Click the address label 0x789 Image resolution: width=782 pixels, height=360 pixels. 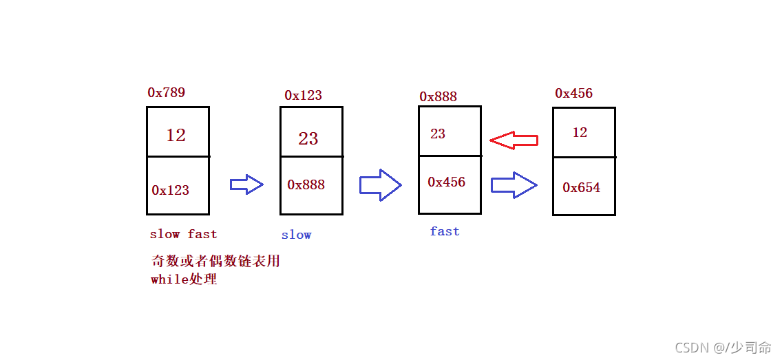(x=167, y=92)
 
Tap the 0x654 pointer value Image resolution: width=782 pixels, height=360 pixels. (x=582, y=187)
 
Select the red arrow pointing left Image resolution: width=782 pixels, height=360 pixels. (x=514, y=140)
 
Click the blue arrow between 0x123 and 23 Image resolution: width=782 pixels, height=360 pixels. (x=246, y=184)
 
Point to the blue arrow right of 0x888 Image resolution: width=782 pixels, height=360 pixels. (x=380, y=185)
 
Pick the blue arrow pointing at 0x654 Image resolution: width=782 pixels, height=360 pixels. (x=514, y=185)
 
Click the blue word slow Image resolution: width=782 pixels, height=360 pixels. (x=296, y=235)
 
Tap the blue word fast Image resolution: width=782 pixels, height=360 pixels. (x=445, y=231)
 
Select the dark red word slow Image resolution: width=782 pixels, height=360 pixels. (x=165, y=234)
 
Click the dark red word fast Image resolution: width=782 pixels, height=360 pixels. (x=202, y=234)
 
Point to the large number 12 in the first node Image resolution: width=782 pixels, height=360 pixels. (x=176, y=135)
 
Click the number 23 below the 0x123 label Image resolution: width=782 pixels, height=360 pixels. (x=308, y=138)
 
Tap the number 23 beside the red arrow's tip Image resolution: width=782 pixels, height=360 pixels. (x=437, y=134)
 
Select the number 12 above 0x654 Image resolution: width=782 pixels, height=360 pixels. (x=580, y=132)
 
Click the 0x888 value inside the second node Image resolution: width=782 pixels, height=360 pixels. (x=306, y=184)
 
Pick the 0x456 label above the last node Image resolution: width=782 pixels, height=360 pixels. (x=574, y=93)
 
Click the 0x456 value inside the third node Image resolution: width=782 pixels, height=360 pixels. (x=446, y=182)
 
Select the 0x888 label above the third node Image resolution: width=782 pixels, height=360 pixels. (x=438, y=96)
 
